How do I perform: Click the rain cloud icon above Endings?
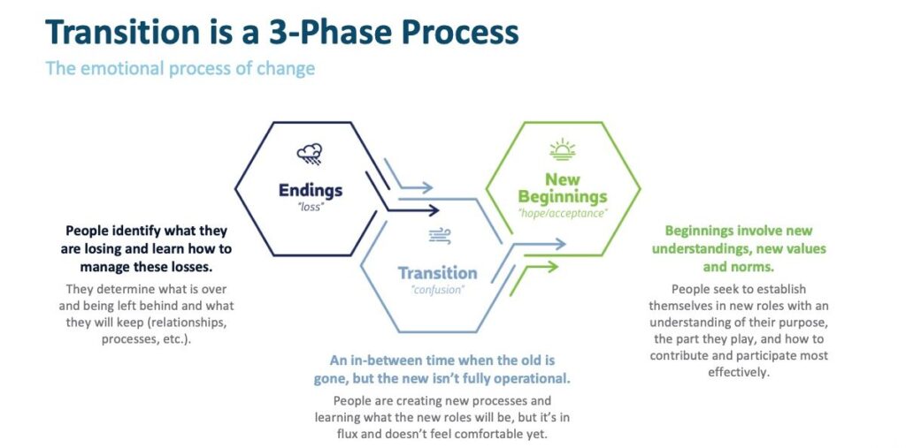coord(310,155)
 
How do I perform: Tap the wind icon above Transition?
coord(440,236)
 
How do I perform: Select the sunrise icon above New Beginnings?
coord(562,149)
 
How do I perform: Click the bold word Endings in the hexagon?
coord(311,190)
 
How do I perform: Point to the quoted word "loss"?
coord(311,208)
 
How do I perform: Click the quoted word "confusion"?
coord(439,290)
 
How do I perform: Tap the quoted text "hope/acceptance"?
coord(563,214)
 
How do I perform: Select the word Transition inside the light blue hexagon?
coord(437,272)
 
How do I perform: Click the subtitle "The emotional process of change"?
coord(180,68)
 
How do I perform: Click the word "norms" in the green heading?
coord(753,268)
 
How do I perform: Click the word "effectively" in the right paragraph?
coord(739,372)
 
